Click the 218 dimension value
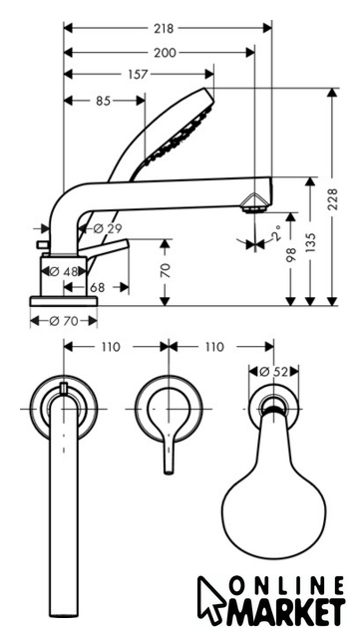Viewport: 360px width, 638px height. pos(164,29)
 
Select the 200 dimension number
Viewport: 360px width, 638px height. pos(165,53)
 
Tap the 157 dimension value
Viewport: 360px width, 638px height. pos(138,75)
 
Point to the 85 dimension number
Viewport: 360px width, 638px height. pos(103,101)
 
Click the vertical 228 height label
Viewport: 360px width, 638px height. pos(333,199)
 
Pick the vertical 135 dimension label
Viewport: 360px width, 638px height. pos(311,242)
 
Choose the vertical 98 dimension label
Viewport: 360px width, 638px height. pos(290,254)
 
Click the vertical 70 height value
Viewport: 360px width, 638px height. pos(166,270)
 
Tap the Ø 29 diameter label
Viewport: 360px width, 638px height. pos(108,228)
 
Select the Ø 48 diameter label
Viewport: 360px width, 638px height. pos(64,271)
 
